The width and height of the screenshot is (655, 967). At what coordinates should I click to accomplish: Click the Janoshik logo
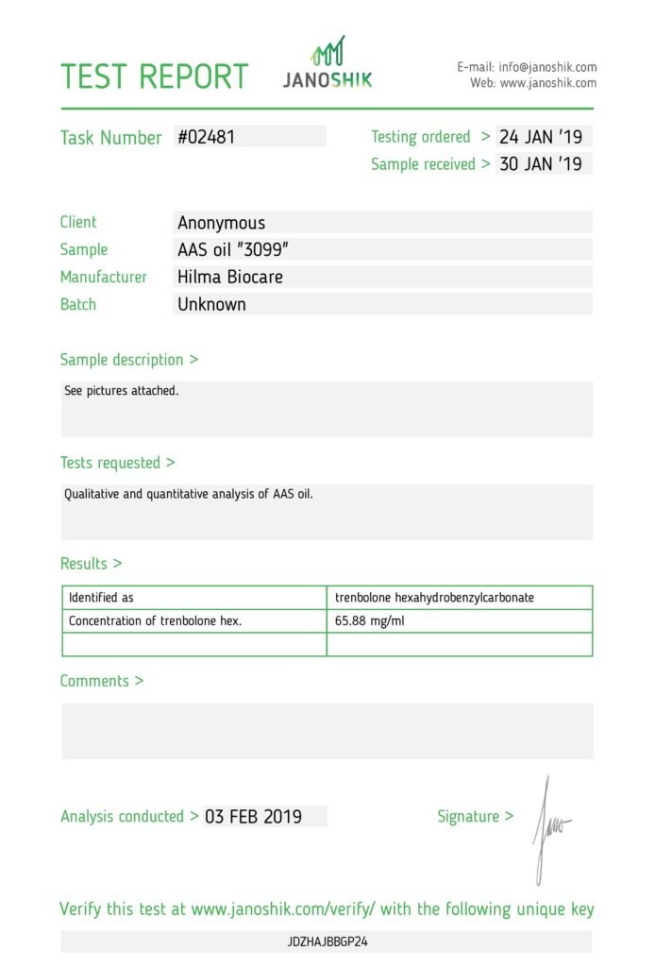tap(327, 63)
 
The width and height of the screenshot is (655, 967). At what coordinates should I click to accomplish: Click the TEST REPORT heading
tap(155, 76)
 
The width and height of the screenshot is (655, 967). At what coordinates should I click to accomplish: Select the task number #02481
tap(207, 137)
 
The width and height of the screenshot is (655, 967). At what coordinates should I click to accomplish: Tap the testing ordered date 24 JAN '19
tap(541, 137)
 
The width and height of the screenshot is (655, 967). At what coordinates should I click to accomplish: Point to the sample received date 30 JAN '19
tap(541, 164)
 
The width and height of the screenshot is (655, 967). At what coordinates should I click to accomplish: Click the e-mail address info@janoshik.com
tap(547, 67)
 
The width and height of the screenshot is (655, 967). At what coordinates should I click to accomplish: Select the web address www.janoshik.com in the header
tap(547, 83)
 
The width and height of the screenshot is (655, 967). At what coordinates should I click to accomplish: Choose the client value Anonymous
tap(222, 223)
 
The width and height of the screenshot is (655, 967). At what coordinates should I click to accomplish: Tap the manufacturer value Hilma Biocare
tap(230, 278)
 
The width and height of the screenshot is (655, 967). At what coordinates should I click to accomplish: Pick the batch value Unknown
tap(211, 305)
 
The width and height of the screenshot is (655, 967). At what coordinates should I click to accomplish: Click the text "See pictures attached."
tap(121, 390)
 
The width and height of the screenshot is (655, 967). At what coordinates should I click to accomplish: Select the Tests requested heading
tap(117, 463)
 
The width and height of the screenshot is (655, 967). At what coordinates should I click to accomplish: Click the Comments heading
tap(101, 681)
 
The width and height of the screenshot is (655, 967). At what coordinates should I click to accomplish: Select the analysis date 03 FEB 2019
tap(253, 817)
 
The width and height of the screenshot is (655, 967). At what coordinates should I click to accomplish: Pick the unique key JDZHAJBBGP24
tap(327, 942)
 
